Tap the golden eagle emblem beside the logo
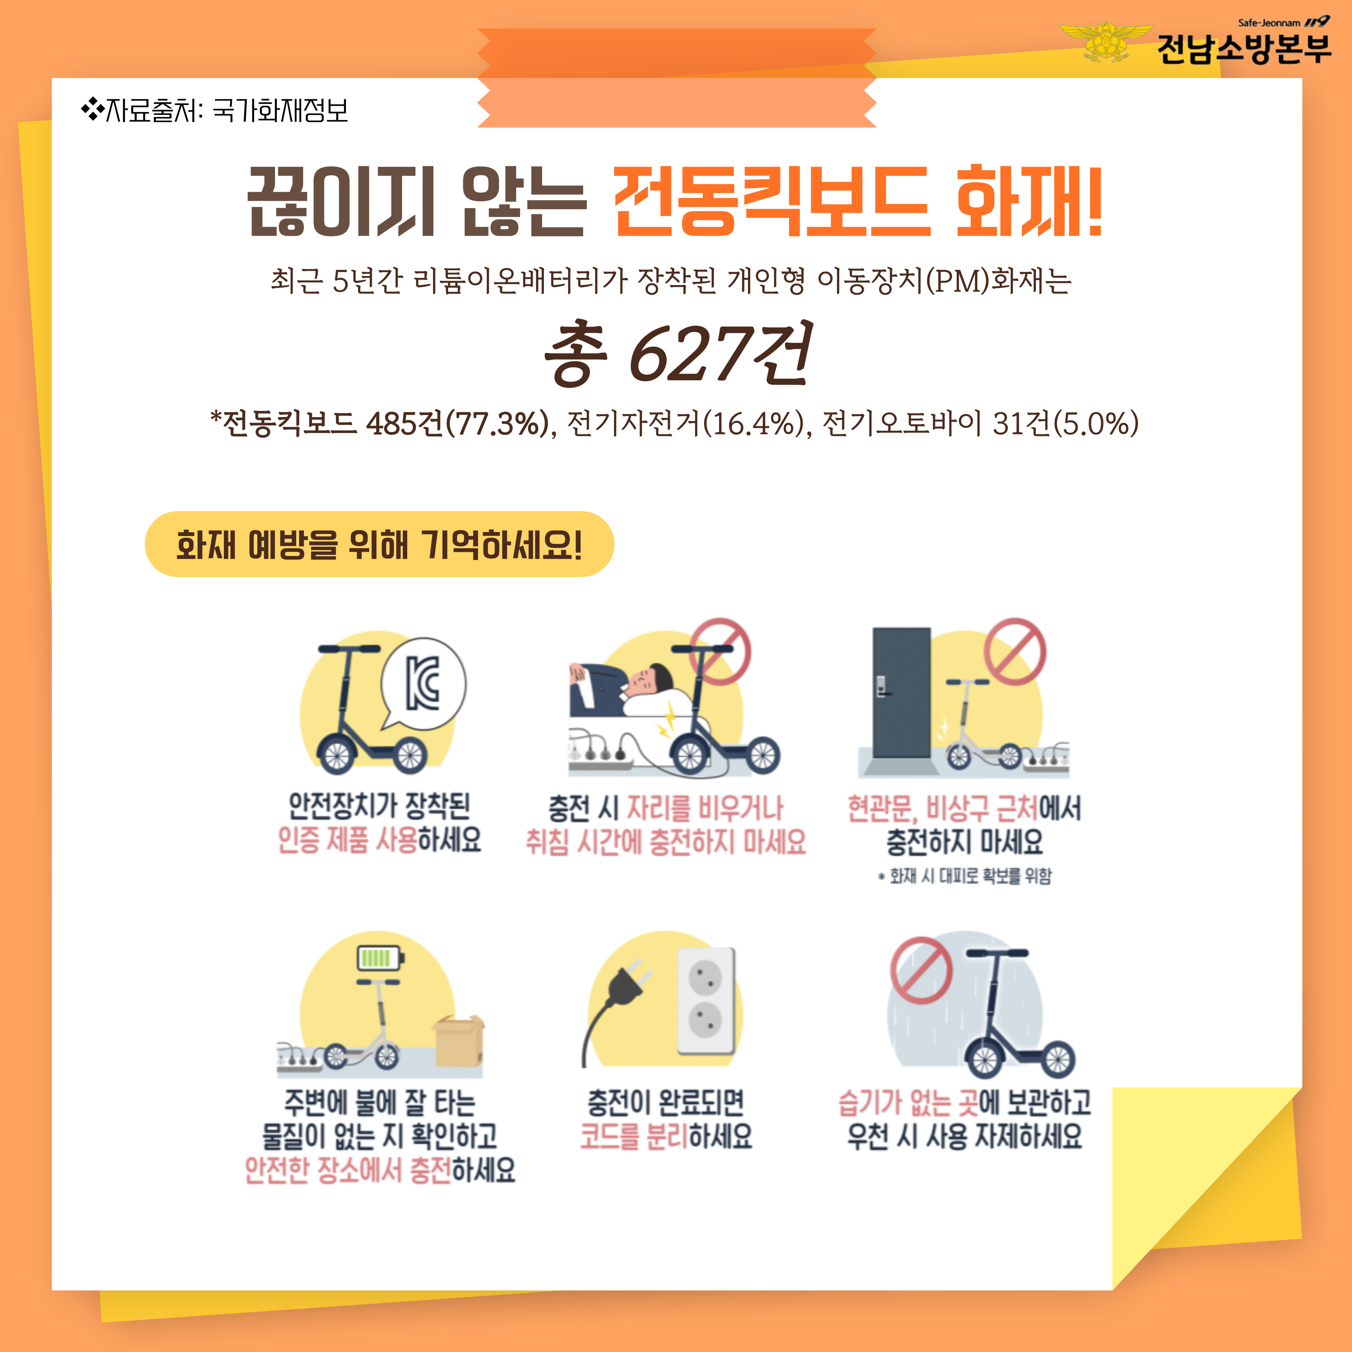[x=1106, y=41]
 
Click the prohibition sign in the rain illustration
[x=921, y=970]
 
